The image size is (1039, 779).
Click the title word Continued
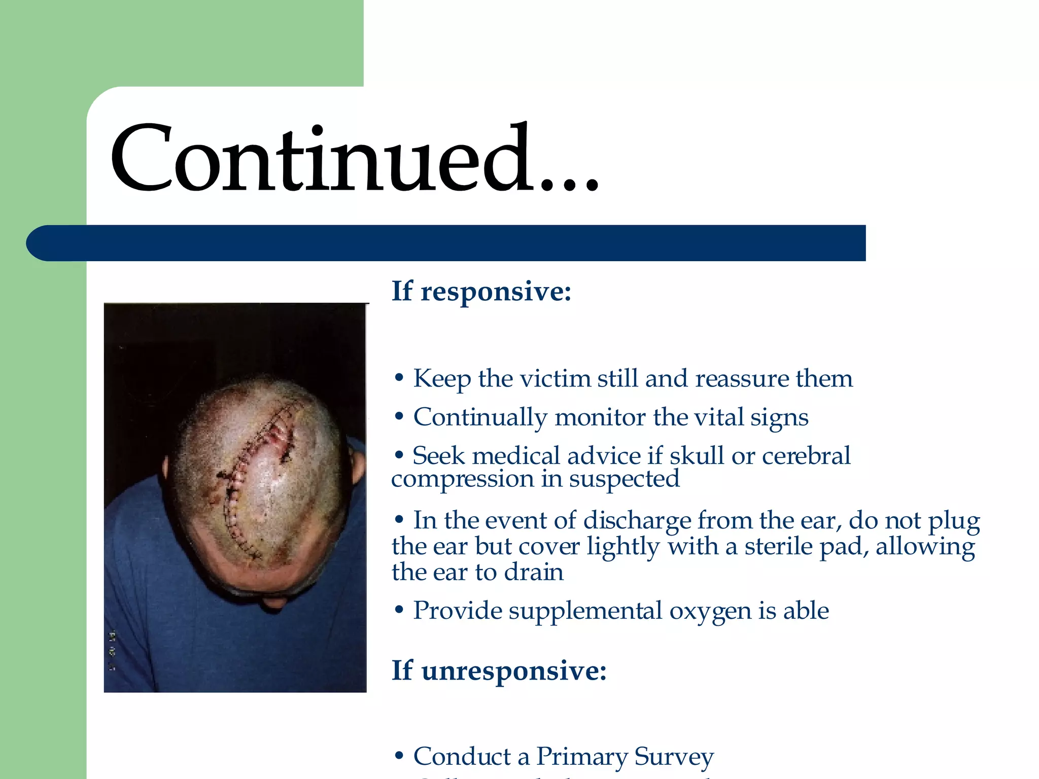pyautogui.click(x=355, y=158)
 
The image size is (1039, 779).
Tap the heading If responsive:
pyautogui.click(x=481, y=292)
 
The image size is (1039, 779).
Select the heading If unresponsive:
pyautogui.click(x=499, y=670)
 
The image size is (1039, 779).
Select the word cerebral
pyautogui.click(x=806, y=455)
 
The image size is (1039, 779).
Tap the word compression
pyautogui.click(x=462, y=479)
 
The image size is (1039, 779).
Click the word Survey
pyautogui.click(x=674, y=756)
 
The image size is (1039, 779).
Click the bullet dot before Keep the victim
pyautogui.click(x=399, y=378)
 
